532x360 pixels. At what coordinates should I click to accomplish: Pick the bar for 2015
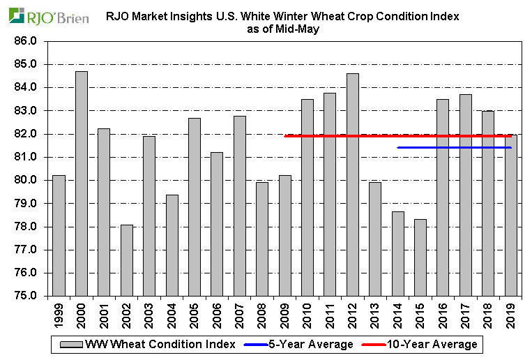click(x=420, y=257)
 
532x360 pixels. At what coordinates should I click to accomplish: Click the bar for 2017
click(x=466, y=195)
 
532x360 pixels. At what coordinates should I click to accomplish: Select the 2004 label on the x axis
click(x=172, y=314)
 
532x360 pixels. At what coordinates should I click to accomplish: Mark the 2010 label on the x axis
click(x=307, y=314)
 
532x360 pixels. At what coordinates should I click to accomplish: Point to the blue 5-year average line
click(x=453, y=147)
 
